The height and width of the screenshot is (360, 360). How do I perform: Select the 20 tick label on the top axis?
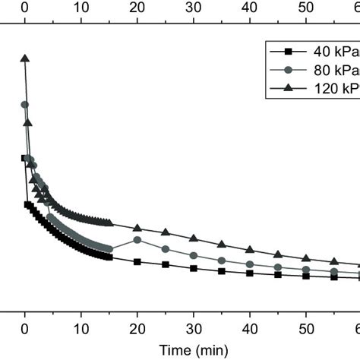137,7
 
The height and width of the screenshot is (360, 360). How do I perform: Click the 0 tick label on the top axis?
25,7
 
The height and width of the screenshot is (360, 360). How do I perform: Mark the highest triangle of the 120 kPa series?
25,58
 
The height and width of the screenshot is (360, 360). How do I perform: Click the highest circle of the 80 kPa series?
25,105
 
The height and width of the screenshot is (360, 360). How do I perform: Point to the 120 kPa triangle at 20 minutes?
137,228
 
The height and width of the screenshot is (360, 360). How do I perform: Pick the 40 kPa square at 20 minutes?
137,262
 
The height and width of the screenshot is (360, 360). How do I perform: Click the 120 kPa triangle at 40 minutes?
250,248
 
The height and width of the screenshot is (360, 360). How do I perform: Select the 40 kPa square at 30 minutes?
194,268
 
